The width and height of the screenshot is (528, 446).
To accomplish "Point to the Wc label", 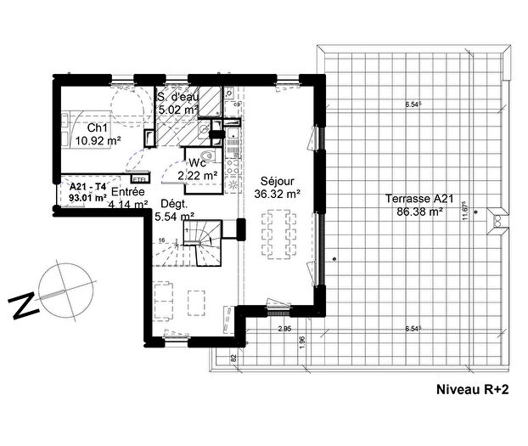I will (x=198, y=162).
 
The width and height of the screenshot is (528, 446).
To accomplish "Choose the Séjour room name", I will (x=262, y=181).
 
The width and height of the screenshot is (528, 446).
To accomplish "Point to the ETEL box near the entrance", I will (x=140, y=179).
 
